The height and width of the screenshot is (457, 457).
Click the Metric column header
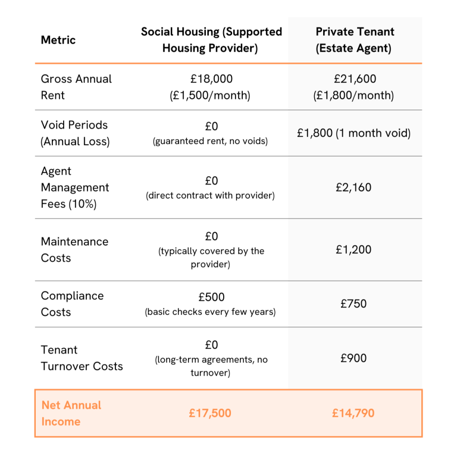pyautogui.click(x=58, y=40)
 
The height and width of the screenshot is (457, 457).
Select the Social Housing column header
pyautogui.click(x=211, y=40)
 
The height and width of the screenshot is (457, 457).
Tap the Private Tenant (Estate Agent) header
pyautogui.click(x=355, y=40)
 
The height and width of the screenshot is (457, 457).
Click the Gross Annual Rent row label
pyautogui.click(x=76, y=87)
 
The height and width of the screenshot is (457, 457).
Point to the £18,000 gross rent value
pyautogui.click(x=210, y=79)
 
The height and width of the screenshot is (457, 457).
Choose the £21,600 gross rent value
pyautogui.click(x=355, y=79)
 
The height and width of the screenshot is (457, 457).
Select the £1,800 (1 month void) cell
pyautogui.click(x=354, y=133)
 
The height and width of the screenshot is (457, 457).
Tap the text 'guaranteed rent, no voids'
pyautogui.click(x=210, y=141)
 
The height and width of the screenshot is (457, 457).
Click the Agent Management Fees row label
pyautogui.click(x=75, y=187)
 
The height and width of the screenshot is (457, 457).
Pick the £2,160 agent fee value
pyautogui.click(x=354, y=187)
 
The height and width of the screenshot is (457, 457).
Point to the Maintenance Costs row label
pyautogui.click(x=74, y=250)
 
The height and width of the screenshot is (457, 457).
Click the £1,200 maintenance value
pyautogui.click(x=354, y=250)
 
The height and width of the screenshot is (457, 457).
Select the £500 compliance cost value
pyautogui.click(x=211, y=296)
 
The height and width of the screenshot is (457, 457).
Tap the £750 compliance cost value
pyautogui.click(x=354, y=304)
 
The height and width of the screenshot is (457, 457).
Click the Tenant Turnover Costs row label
pyautogui.click(x=82, y=358)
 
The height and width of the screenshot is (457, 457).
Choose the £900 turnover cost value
pyautogui.click(x=354, y=358)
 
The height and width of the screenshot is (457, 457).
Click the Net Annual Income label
pyautogui.click(x=71, y=413)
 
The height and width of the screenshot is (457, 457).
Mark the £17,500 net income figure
pyautogui.click(x=211, y=413)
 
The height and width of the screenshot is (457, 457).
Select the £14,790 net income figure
pyautogui.click(x=354, y=413)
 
